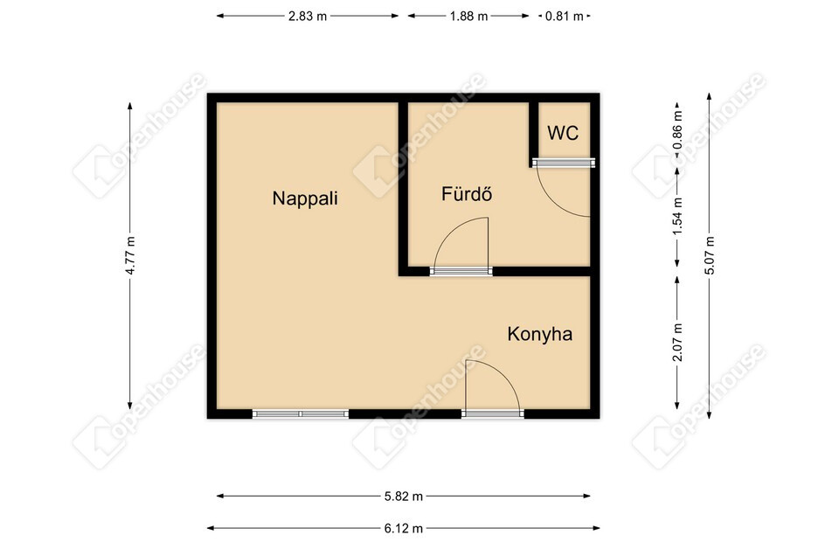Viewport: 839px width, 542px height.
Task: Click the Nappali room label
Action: [305, 198]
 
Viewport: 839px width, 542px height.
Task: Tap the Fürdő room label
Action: [467, 193]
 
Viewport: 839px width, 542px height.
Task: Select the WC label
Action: [563, 133]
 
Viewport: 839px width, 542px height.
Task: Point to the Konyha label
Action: [540, 334]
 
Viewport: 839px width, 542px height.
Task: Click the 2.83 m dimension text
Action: [308, 16]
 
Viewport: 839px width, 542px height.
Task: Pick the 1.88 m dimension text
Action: [468, 16]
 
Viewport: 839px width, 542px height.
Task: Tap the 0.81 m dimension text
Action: [564, 16]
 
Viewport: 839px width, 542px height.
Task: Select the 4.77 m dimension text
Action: [130, 255]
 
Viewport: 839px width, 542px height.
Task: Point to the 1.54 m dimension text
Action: [677, 216]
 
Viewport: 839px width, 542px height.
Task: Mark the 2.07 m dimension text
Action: [677, 343]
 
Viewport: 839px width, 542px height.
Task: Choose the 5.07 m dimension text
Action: [710, 255]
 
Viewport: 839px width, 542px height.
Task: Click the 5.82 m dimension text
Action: [404, 497]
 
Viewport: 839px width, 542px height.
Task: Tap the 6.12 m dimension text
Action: [404, 529]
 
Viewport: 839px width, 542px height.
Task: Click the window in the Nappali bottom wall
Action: [300, 413]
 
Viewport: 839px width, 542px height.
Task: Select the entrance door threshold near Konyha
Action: [493, 413]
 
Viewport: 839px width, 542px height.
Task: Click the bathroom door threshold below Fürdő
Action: [461, 271]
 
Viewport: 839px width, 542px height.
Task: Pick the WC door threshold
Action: [564, 163]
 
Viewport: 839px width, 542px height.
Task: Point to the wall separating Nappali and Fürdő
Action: [403, 184]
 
